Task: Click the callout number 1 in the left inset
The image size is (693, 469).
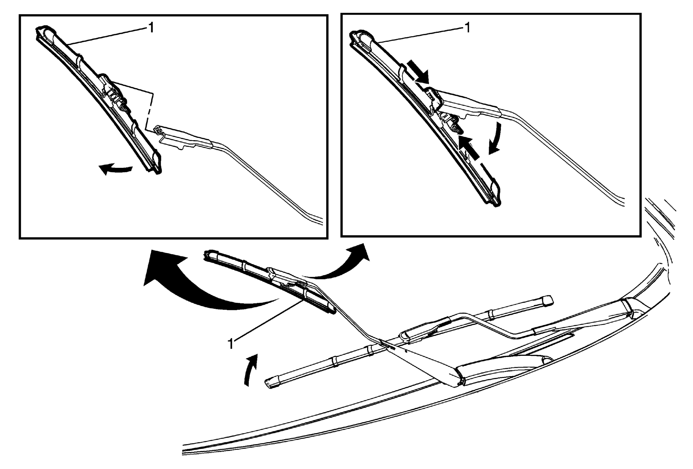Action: click(151, 28)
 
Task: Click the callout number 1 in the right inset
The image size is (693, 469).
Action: click(467, 28)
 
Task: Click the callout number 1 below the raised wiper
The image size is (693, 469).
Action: click(230, 344)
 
